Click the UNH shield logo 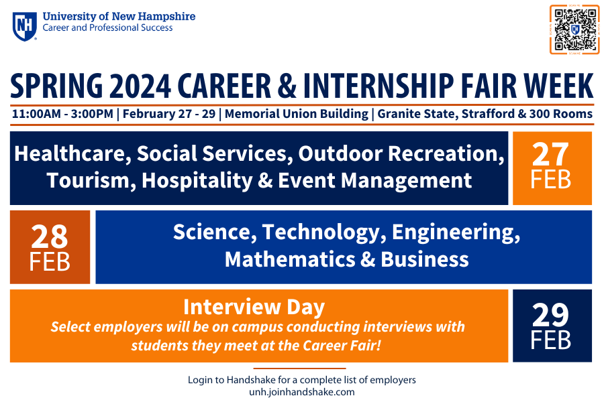click(x=25, y=26)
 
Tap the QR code click(x=574, y=29)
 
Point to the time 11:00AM click(x=36, y=115)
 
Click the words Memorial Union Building click(x=297, y=114)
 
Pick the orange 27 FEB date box click(x=552, y=168)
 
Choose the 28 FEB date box click(x=50, y=247)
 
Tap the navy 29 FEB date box click(x=552, y=326)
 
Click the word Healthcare click(x=70, y=153)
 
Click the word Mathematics click(x=290, y=259)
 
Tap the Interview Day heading click(x=254, y=307)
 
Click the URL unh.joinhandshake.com click(x=301, y=392)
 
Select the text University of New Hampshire click(x=119, y=17)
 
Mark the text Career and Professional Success click(x=107, y=27)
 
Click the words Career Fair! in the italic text click(x=342, y=346)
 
